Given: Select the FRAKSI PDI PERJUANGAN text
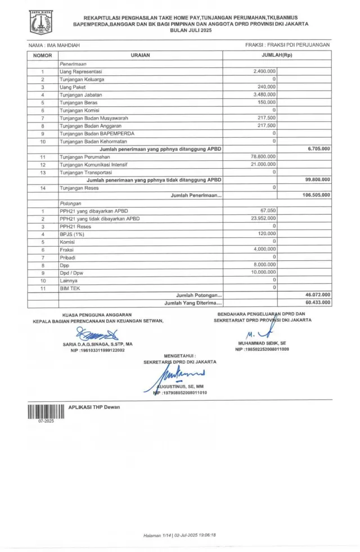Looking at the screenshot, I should tap(287, 44).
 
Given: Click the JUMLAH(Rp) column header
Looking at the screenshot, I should tap(277, 56).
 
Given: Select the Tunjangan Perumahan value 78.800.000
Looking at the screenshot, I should tap(263, 156).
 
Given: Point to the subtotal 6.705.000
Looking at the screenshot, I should tap(319, 148).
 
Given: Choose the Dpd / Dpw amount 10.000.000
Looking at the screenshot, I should tap(262, 272).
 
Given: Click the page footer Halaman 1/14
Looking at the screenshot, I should tap(160, 535).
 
